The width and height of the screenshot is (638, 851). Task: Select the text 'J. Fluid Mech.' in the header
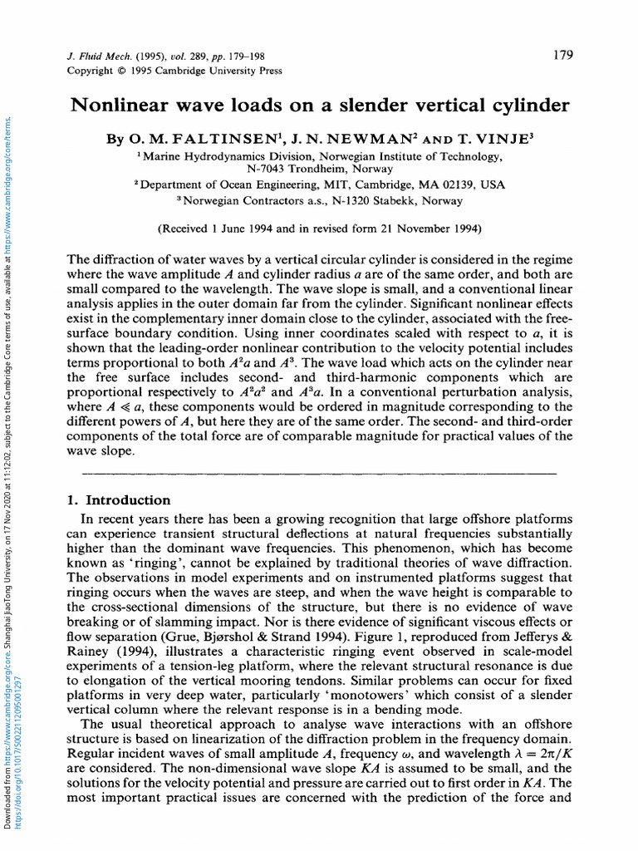click(97, 57)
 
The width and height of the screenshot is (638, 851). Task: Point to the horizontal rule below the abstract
click(319, 473)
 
